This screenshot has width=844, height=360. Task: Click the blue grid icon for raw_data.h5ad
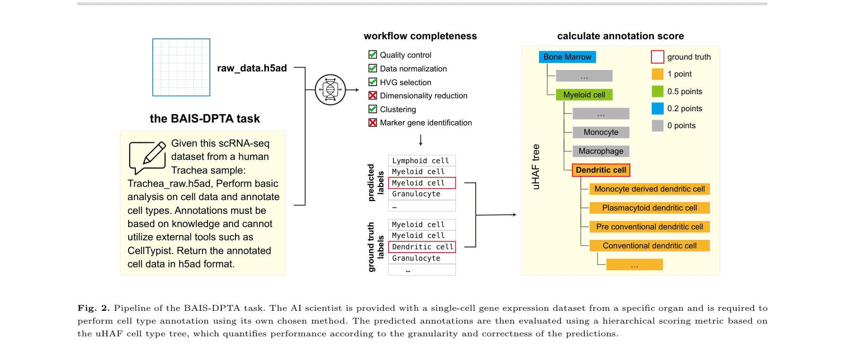tap(181, 67)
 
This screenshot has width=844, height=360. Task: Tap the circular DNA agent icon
tap(330, 90)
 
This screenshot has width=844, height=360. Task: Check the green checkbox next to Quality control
tap(373, 54)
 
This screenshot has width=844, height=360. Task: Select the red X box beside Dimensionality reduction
tap(373, 96)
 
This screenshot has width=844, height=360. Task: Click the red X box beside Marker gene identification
tap(373, 123)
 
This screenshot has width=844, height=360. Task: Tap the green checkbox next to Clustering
tap(373, 109)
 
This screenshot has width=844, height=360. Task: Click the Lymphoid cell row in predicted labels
tap(421, 161)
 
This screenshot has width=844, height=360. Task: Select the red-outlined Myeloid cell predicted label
tap(421, 183)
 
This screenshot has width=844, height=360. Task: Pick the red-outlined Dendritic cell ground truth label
tap(421, 247)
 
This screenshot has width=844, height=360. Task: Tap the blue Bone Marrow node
tap(567, 57)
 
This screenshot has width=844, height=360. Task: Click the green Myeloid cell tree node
tap(584, 95)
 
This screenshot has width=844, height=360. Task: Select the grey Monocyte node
tap(600, 132)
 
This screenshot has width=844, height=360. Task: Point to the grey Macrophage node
tap(600, 151)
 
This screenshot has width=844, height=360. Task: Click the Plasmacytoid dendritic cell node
tap(649, 208)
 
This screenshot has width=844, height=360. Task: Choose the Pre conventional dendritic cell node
tap(649, 227)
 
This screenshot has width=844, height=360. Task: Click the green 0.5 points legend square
tap(657, 91)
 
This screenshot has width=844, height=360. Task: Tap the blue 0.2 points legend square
tap(657, 108)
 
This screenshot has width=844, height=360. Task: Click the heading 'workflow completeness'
tap(420, 36)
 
